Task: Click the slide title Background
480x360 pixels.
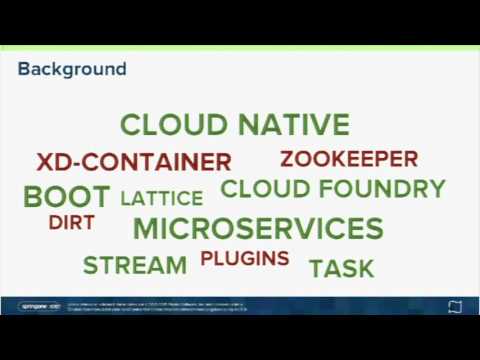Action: coord(72,69)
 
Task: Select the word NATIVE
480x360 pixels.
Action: coord(294,126)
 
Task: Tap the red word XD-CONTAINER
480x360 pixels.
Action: coord(134,162)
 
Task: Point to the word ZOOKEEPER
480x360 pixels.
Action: coord(349,159)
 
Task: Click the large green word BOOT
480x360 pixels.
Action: coord(66,196)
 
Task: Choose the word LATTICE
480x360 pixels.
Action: coord(161,198)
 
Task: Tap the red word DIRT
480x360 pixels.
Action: coord(71,223)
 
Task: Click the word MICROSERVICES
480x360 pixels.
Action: coord(258,228)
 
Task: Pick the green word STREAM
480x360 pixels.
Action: coord(135,265)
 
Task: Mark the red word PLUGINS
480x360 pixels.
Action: coord(245,259)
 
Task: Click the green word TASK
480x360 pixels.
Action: coord(341,268)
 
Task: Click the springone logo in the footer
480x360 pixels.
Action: coord(40,305)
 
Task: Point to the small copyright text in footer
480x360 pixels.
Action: coord(160,305)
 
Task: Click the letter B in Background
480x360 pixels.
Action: coord(24,69)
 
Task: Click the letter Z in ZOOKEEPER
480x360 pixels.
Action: coord(287,159)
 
